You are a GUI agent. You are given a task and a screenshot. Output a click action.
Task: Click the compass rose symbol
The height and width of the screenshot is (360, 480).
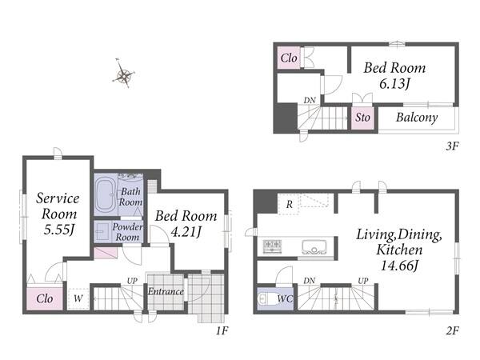pos(124,74)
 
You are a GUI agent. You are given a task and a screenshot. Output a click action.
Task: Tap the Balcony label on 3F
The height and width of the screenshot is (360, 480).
pos(417,118)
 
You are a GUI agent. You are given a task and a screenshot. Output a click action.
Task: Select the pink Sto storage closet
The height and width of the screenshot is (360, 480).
pos(362,118)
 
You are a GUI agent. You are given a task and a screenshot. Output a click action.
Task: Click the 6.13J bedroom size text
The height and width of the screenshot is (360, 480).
pos(394,83)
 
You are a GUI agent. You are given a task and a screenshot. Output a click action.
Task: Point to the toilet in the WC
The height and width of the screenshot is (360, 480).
pos(265,298)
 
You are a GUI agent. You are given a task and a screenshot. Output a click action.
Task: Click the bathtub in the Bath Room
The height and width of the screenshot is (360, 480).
pos(106,194)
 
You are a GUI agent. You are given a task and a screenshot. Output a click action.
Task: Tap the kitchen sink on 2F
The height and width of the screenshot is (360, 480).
pos(314,246)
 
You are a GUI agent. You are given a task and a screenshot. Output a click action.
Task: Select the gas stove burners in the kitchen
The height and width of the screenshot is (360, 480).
pos(272,246)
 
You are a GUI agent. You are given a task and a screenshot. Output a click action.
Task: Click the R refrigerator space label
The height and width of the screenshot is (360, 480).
pos(290,204)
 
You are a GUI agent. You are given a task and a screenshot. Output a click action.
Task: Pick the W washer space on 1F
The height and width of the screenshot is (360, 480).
pos(78,298)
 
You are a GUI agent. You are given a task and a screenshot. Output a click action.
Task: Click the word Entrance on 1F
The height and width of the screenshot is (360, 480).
pos(166,291)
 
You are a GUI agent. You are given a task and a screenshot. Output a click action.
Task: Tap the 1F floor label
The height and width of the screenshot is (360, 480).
pos(222,330)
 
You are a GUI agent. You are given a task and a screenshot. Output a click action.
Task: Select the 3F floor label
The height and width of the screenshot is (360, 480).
pos(452,146)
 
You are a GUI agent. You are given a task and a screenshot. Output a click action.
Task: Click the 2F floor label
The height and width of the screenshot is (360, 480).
pos(452,330)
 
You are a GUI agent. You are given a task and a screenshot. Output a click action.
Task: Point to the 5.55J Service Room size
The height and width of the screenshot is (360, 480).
pos(58,230)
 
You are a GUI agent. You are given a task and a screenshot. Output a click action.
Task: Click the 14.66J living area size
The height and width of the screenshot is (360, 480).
pos(399,265)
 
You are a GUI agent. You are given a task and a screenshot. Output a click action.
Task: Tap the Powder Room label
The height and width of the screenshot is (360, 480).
pos(127,232)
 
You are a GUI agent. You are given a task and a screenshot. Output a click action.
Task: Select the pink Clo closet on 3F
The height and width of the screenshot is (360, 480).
pos(289,58)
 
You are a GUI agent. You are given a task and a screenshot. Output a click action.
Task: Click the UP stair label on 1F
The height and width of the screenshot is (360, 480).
pos(132,281)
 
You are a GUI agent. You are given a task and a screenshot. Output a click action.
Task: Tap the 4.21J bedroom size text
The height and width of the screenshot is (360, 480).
pos(186,232)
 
